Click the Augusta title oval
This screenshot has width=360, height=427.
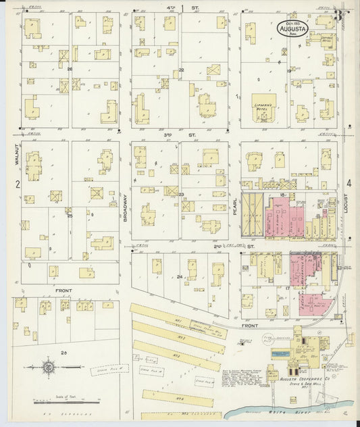(x=291, y=29)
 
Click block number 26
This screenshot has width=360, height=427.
(x=69, y=69)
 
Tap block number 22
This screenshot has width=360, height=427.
(x=182, y=70)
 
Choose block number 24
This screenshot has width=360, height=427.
(x=179, y=276)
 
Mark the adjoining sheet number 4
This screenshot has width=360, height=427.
(x=349, y=183)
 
